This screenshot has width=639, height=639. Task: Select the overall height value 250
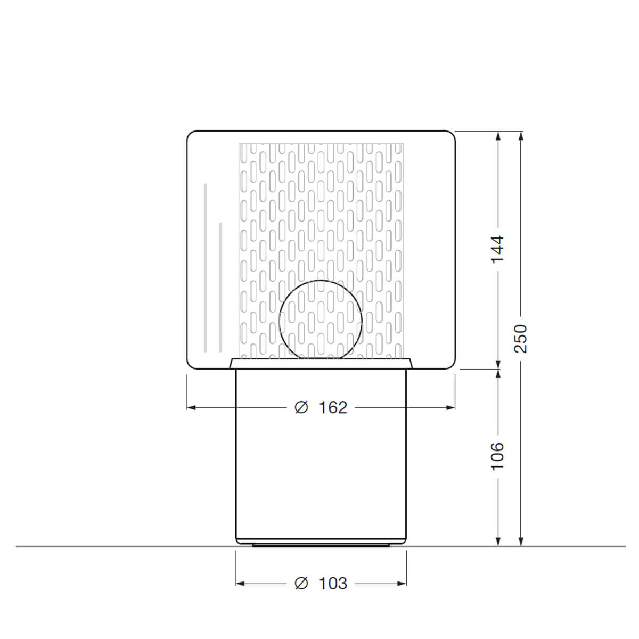(x=520, y=339)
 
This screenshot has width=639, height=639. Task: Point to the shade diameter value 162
(x=333, y=407)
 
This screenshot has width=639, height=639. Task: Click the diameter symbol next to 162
(x=301, y=407)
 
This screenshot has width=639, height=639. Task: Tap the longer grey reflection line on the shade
(x=205, y=268)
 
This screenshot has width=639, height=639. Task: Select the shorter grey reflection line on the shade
(x=220, y=287)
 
